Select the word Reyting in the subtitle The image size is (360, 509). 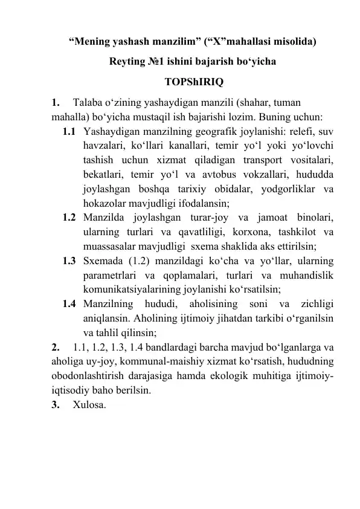pyautogui.click(x=128, y=62)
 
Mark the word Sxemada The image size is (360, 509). pyautogui.click(x=103, y=261)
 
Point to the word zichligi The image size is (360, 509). pyautogui.click(x=319, y=304)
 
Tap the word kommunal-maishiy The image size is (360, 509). pyautogui.click(x=156, y=362)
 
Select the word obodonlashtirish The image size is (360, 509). pyautogui.click(x=89, y=377)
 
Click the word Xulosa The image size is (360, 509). pyautogui.click(x=89, y=406)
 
